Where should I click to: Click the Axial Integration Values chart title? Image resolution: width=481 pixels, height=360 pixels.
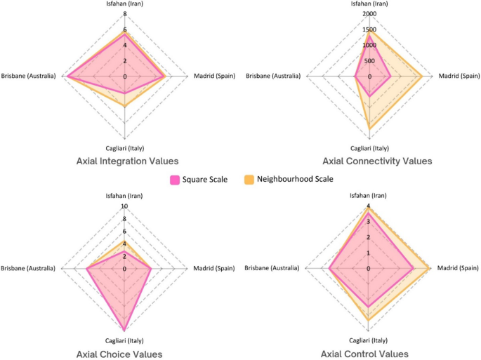coord(127,161)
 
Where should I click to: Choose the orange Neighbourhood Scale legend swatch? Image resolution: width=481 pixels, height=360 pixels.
coord(249,180)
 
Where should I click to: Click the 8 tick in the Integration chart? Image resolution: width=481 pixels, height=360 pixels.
coord(124,14)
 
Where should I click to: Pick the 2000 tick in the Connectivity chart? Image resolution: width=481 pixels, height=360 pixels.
coord(369,14)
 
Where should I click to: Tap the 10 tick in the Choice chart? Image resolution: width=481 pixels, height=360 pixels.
coord(124,206)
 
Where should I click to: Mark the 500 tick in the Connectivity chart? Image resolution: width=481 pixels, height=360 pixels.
coord(369,60)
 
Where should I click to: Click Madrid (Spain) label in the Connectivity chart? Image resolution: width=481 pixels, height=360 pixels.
coord(459,76)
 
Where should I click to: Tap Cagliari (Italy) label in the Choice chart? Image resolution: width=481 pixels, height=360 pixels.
coord(124,340)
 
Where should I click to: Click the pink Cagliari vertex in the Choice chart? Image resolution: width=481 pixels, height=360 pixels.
coord(125,330)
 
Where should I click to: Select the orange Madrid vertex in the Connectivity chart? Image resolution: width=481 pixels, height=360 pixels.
coord(421,76)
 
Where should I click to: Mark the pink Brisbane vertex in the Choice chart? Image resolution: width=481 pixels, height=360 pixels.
coord(86,268)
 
